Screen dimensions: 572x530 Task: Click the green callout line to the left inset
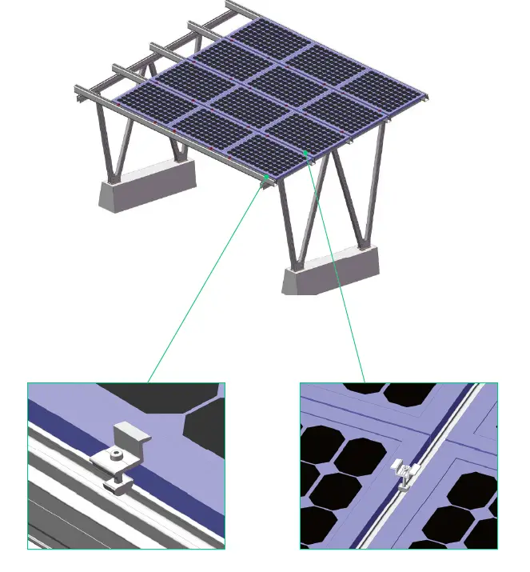click(x=208, y=280)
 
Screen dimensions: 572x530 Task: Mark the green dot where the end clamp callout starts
click(x=266, y=178)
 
